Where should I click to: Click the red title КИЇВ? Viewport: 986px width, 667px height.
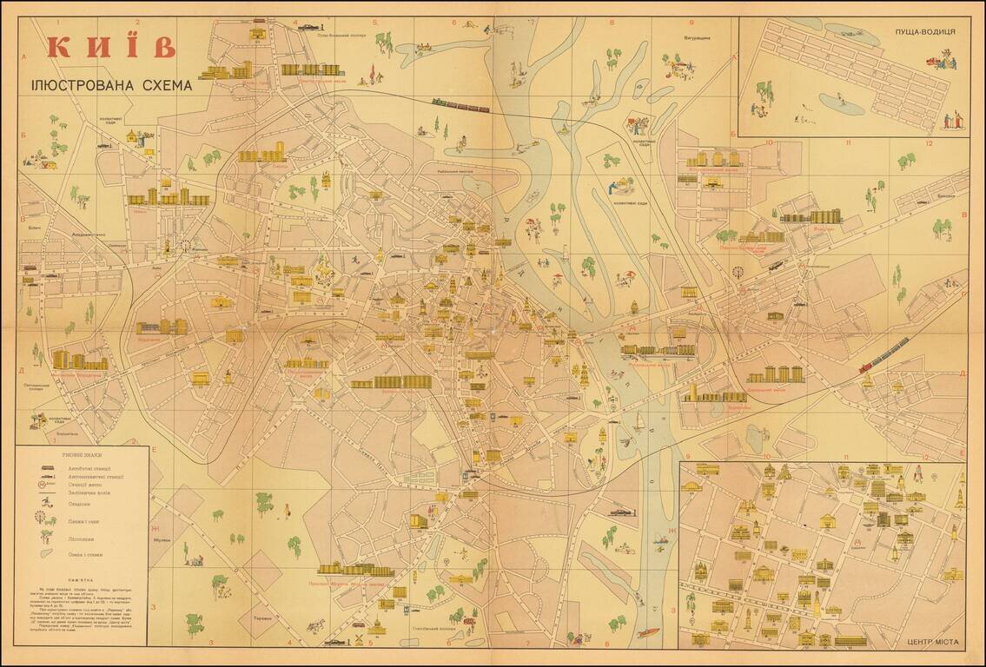tap(111, 47)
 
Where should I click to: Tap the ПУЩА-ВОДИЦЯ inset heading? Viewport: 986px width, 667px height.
tap(925, 31)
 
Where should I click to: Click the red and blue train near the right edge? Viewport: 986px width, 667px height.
tap(883, 354)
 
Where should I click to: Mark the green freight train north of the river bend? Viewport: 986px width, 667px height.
tap(460, 106)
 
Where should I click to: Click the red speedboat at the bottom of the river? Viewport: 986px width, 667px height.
tap(648, 632)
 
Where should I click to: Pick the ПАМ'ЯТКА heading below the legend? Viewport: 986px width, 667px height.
tap(82, 576)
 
